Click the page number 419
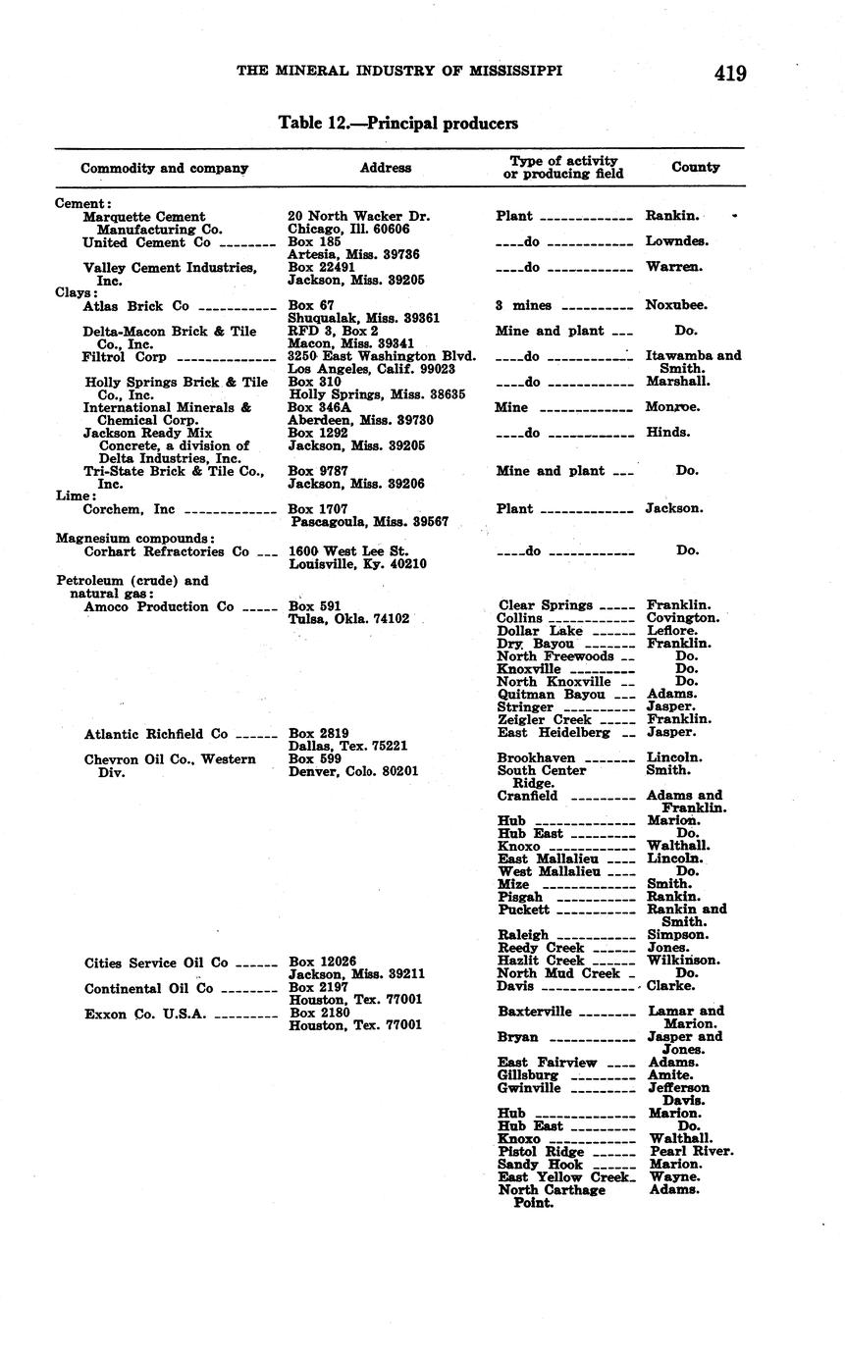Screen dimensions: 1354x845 730,74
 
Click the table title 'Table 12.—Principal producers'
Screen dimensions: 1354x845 397,124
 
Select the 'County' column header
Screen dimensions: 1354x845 695,167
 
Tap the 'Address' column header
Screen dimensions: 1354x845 385,168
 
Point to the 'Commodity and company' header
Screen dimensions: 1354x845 164,168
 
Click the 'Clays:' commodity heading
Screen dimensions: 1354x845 77,292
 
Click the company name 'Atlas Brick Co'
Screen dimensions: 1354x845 135,306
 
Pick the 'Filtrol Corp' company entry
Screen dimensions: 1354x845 125,357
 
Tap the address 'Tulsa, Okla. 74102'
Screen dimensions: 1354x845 348,619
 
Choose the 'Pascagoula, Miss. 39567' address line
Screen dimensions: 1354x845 369,522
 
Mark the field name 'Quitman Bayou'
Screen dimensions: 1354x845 551,694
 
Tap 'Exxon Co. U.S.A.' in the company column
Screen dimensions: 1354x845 145,1014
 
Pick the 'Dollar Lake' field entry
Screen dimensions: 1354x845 540,631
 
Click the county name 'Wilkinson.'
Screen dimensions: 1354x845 683,961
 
